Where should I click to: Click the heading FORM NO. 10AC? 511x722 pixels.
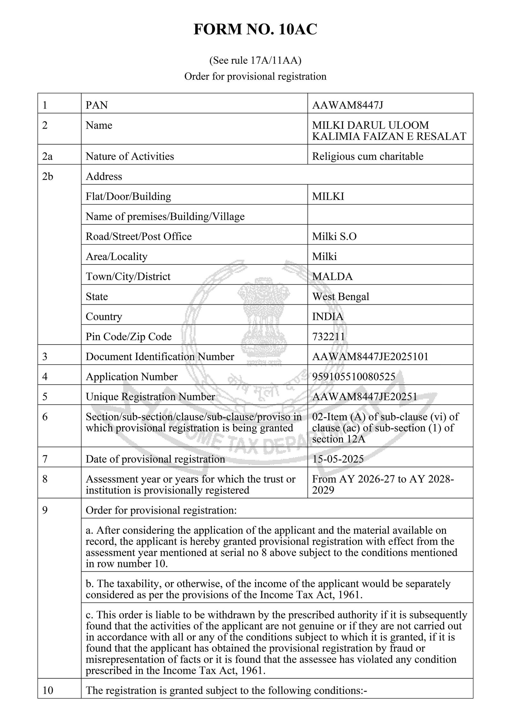point(255,30)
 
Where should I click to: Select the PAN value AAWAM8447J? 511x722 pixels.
point(347,105)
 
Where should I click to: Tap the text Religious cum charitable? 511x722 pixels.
point(368,156)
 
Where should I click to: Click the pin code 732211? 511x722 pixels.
point(328,337)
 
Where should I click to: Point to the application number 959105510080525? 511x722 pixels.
point(354,377)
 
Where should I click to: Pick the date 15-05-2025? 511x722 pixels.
point(338,459)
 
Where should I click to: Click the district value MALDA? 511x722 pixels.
point(332,276)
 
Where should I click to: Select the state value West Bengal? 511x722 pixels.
point(340,296)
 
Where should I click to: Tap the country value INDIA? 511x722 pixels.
point(328,316)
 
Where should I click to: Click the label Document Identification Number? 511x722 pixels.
point(160,357)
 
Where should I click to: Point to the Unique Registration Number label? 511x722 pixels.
point(150,397)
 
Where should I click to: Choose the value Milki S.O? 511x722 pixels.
point(334,236)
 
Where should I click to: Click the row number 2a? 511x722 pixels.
point(47,156)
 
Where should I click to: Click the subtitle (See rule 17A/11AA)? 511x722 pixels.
point(255,60)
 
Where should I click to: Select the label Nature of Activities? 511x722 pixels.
point(130,156)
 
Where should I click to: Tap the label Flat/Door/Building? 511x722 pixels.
point(128,196)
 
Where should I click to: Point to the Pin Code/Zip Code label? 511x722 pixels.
point(128,337)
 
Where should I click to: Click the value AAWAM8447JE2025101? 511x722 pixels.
point(370,357)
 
